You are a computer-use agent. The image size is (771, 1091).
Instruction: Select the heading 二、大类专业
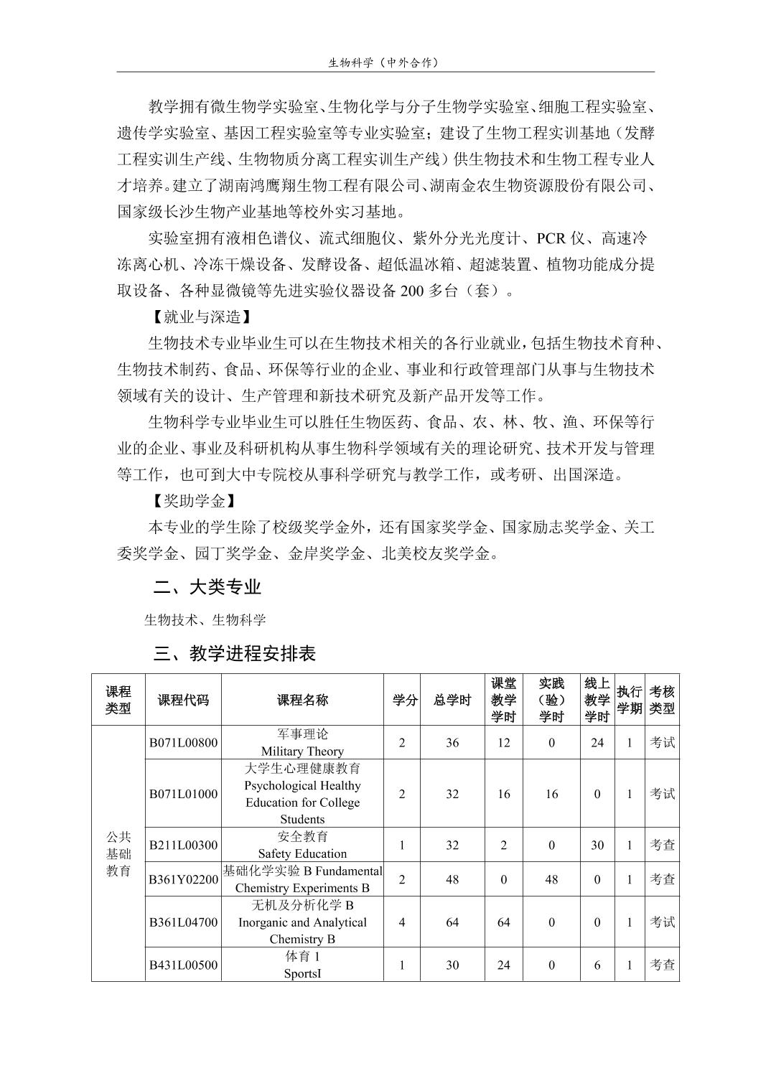coord(207,587)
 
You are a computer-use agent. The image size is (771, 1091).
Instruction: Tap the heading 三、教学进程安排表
coord(234,653)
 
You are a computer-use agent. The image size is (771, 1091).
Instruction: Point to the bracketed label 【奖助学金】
coord(194,501)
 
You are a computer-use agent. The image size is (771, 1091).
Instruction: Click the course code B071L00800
coord(183,743)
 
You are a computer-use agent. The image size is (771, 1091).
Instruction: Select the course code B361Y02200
coord(183,879)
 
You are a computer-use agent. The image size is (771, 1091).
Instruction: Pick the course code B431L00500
coord(183,965)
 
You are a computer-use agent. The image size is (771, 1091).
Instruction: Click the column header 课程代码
coord(183,700)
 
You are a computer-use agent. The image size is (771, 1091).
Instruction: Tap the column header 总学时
coord(452,700)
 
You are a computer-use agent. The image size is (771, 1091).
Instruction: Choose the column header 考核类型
coord(662,700)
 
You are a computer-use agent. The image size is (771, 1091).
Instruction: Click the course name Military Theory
coord(302,751)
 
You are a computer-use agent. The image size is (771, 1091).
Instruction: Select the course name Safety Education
coord(302,853)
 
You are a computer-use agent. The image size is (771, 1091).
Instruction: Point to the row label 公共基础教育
coord(118,853)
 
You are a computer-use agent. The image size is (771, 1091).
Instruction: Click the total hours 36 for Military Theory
coord(452,743)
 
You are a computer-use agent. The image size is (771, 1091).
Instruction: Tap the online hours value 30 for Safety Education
coord(597,846)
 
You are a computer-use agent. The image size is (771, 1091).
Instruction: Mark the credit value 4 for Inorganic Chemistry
coord(401,922)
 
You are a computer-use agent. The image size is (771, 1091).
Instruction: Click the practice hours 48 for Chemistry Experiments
coord(551,879)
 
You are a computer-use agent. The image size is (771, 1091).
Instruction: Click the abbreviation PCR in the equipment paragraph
coord(551,238)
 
